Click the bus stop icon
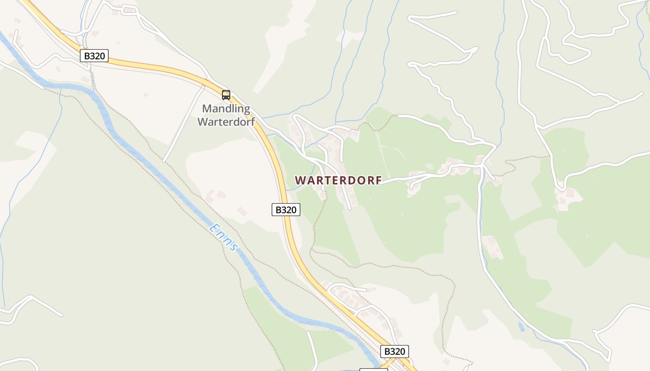tap(226, 95)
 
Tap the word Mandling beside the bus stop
tap(226, 109)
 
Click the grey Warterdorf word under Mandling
tap(226, 122)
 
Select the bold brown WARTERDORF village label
tap(338, 180)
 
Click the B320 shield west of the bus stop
tap(94, 56)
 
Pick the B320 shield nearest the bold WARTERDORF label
tap(286, 210)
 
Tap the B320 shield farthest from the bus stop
tap(395, 351)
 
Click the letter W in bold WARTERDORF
tap(300, 180)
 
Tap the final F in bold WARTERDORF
tap(378, 180)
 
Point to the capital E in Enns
tap(214, 228)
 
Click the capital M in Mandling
tap(207, 109)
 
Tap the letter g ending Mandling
tap(246, 110)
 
